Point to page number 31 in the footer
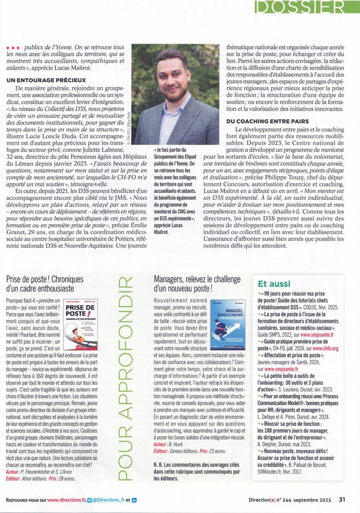point(342,499)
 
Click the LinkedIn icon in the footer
point(134,499)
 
